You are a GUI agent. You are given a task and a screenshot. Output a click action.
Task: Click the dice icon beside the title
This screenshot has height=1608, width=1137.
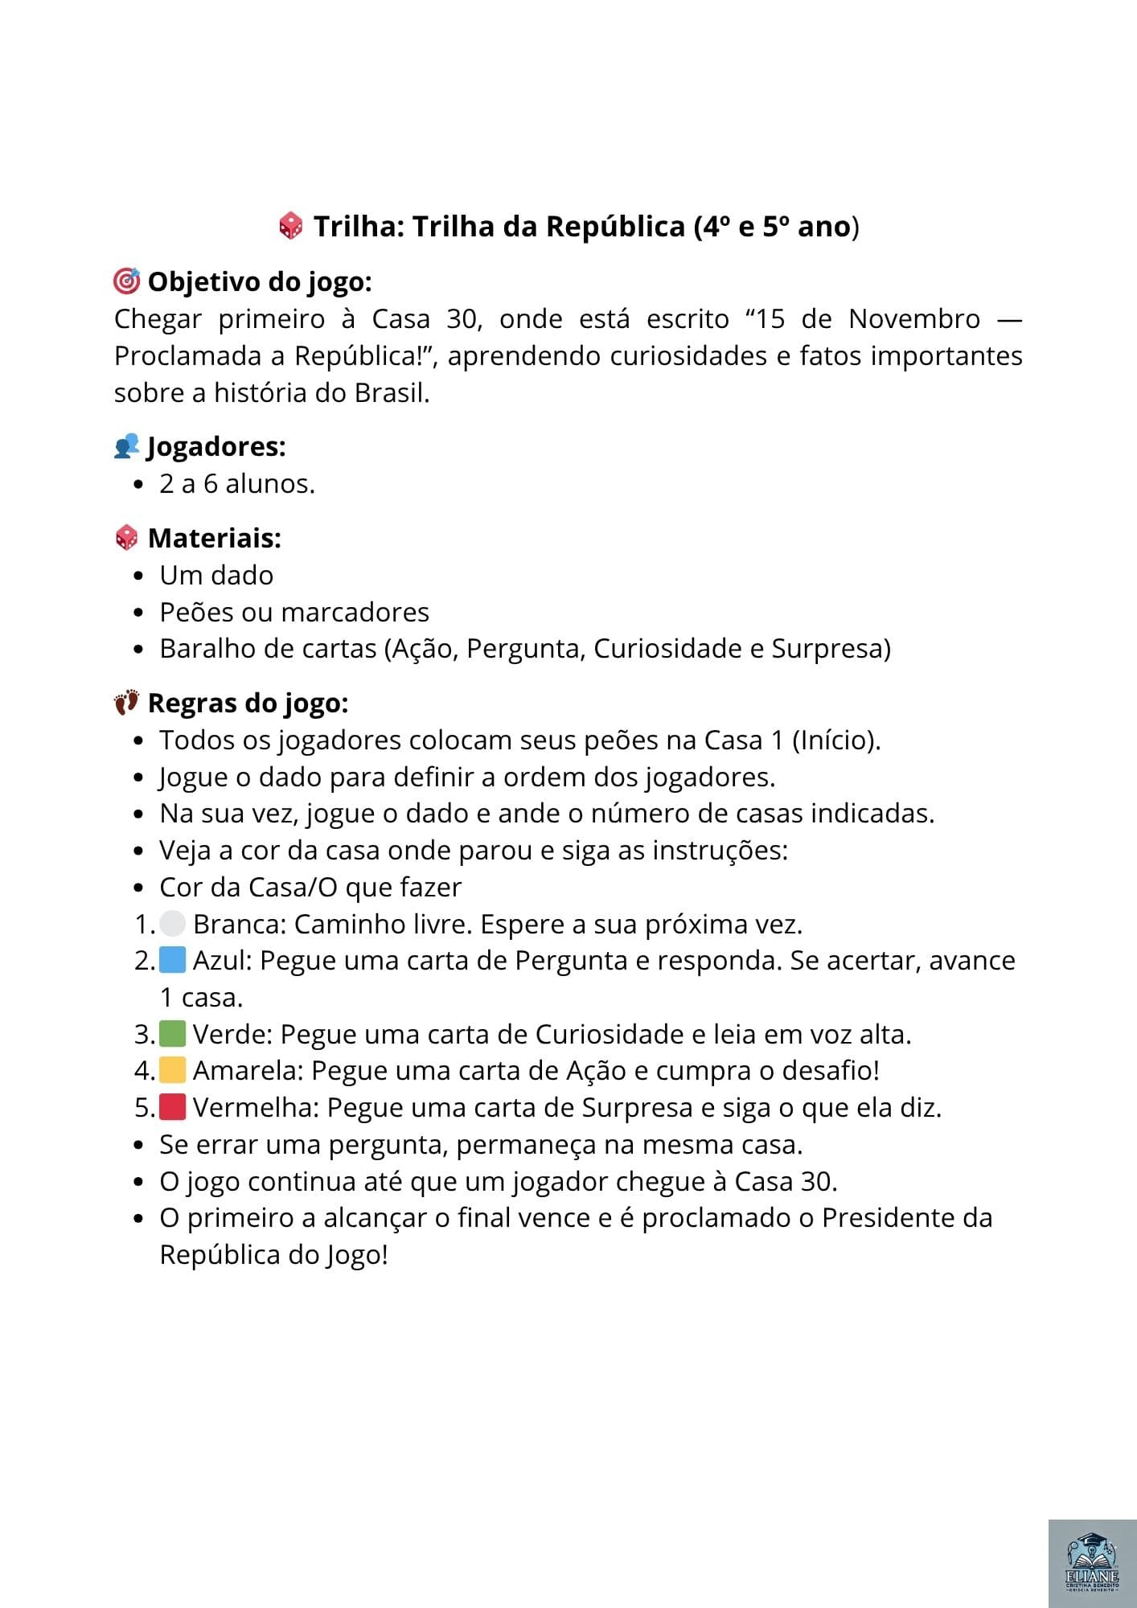click(x=290, y=226)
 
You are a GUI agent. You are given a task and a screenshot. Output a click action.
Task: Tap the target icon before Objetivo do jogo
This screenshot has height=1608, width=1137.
click(x=127, y=281)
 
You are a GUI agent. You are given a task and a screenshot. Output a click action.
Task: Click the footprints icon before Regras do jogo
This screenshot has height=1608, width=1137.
click(x=126, y=703)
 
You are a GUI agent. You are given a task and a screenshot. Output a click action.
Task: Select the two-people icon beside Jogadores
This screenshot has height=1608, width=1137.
click(x=127, y=446)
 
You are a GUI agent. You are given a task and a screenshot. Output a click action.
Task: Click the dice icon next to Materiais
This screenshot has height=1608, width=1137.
click(x=127, y=538)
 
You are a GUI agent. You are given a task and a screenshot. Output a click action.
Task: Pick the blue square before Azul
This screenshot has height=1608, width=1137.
click(x=173, y=960)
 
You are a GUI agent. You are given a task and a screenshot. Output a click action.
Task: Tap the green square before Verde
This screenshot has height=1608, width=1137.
click(x=173, y=1034)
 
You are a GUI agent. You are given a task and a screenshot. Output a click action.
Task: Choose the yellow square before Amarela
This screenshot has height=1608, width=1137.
click(x=173, y=1070)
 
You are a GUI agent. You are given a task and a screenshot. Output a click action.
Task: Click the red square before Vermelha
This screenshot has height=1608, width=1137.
click(x=173, y=1107)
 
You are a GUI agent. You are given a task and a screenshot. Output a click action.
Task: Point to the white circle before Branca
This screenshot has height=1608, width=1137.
click(x=173, y=924)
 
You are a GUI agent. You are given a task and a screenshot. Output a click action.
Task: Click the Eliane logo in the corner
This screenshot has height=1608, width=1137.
click(x=1091, y=1563)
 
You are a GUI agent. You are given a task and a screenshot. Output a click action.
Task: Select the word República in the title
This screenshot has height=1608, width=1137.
click(x=615, y=227)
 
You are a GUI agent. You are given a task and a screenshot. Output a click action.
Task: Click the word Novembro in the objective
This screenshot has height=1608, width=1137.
click(x=914, y=319)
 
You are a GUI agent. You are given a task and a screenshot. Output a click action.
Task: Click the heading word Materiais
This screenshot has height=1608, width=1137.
click(x=214, y=538)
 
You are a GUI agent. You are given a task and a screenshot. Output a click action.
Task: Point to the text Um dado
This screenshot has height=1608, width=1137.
click(x=216, y=576)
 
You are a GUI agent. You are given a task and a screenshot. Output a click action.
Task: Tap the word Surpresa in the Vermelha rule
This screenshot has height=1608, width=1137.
click(x=637, y=1108)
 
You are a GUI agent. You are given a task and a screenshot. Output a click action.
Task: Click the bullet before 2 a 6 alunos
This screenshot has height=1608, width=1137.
click(x=140, y=485)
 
